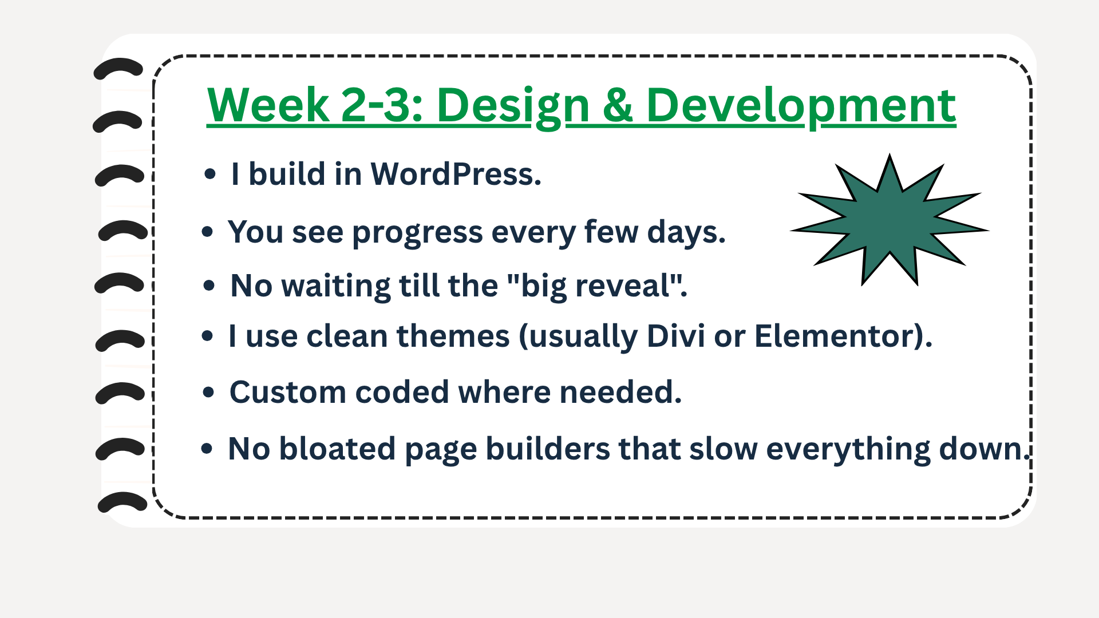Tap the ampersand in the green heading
click(618, 105)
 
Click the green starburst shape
click(889, 220)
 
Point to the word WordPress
click(456, 174)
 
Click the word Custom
click(287, 392)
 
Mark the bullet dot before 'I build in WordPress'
click(210, 174)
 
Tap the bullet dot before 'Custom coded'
click(208, 393)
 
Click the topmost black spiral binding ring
click(118, 69)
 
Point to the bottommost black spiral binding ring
click(122, 502)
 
